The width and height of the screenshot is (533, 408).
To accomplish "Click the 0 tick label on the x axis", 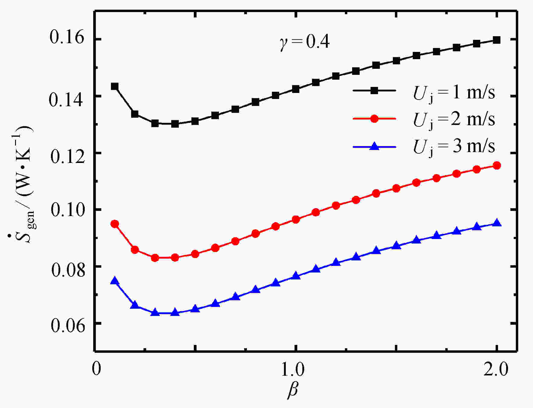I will (x=96, y=368).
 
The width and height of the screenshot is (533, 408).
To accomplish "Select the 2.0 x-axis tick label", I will (x=496, y=368).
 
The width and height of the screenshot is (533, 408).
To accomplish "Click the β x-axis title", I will (x=292, y=390).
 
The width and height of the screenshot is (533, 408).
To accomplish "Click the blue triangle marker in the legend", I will (x=374, y=147).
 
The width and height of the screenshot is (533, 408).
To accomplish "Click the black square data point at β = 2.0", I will (x=497, y=40).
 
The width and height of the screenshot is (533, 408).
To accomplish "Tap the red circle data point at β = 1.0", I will (x=296, y=219).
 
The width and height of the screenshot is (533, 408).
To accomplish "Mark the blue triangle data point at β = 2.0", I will (x=497, y=223).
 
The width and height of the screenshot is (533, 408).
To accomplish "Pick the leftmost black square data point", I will (x=115, y=86).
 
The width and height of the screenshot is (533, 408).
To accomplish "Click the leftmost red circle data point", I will (x=115, y=224).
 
